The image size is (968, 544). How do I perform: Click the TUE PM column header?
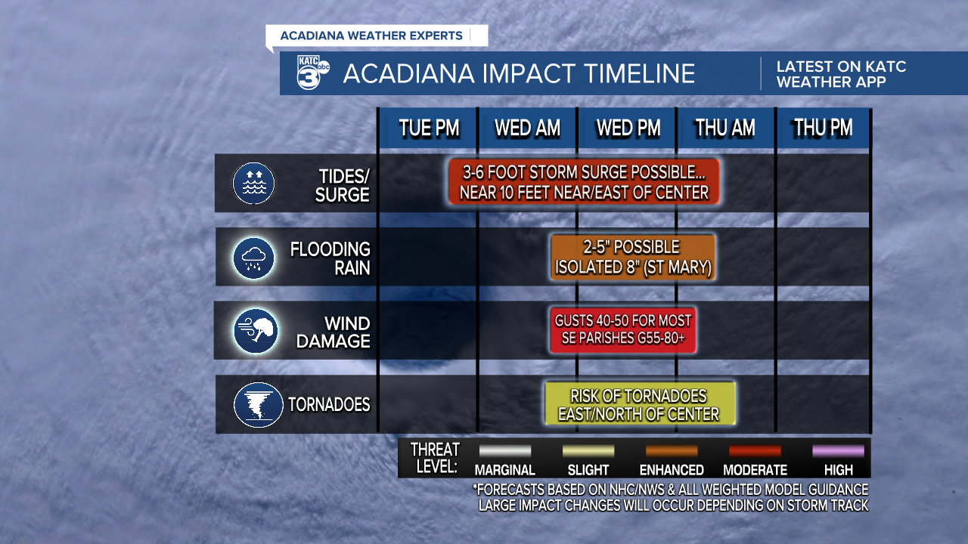tap(429, 128)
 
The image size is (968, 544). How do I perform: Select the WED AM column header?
tap(527, 128)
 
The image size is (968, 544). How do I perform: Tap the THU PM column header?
tap(823, 128)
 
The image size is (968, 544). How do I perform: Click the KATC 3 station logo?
tap(312, 73)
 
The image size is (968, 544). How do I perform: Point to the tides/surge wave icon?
tap(253, 183)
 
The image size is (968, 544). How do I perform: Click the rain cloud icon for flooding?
tap(253, 258)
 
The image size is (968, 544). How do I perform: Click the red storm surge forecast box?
tap(583, 181)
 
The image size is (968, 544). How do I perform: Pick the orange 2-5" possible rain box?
tap(633, 257)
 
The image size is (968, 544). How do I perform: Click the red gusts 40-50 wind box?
tap(622, 330)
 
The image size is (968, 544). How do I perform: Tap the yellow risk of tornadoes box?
tap(639, 404)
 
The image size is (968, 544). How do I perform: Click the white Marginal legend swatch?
tap(504, 451)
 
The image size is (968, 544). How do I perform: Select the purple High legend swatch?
tap(838, 451)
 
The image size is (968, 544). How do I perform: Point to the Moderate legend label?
tap(755, 470)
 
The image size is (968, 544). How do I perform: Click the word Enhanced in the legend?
tap(672, 470)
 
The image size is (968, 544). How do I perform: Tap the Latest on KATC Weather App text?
tap(841, 74)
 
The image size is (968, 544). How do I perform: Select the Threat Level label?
tap(435, 458)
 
